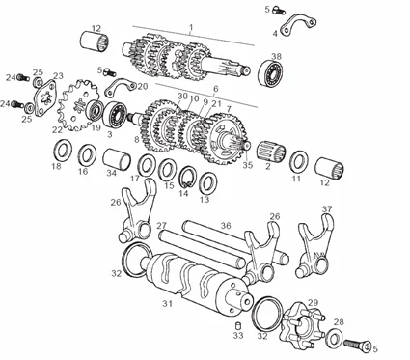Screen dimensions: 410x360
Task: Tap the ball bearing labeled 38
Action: [272, 74]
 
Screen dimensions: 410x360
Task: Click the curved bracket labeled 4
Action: [298, 24]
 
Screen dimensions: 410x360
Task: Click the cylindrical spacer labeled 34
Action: [117, 159]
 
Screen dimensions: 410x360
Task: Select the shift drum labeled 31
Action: [196, 284]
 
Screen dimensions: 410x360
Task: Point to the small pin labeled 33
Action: [238, 324]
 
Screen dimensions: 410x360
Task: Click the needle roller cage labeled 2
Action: [271, 152]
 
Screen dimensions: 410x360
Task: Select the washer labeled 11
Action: [299, 163]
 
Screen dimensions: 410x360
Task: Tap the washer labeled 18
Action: [62, 151]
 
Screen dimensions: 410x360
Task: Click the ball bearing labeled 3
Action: [115, 115]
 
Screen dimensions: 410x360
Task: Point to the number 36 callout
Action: [226, 225]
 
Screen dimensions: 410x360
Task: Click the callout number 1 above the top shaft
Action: [191, 27]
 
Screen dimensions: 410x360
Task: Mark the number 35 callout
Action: [248, 165]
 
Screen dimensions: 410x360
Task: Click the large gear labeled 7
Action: [225, 139]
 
